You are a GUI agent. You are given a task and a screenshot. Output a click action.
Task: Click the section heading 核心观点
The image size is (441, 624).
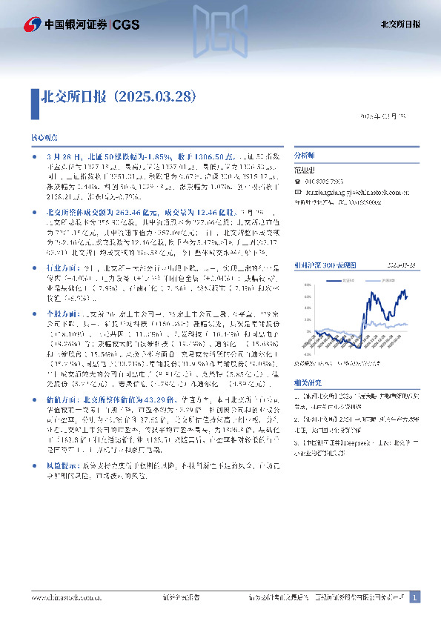coord(44,139)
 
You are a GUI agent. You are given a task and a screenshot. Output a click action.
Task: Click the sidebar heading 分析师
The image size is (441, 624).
coord(305,157)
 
